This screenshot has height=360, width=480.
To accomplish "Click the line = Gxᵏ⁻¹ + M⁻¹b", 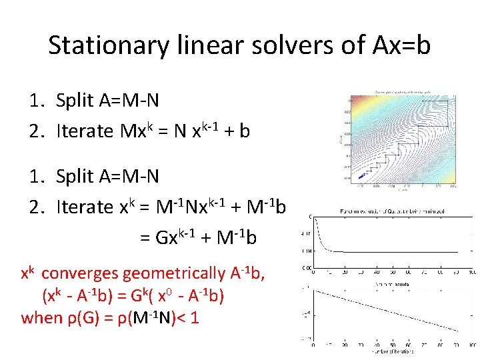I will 198,237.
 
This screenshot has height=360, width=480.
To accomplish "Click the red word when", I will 41,317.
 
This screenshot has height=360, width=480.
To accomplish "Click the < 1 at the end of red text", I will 189,317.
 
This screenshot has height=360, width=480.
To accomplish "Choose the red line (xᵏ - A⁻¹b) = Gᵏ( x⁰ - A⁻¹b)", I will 133,295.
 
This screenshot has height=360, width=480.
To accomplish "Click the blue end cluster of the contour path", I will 362,175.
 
